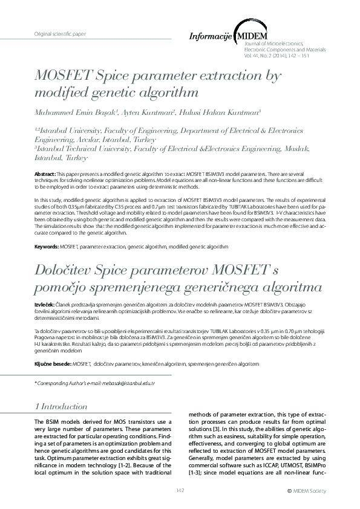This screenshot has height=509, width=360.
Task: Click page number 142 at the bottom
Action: [x=180, y=490]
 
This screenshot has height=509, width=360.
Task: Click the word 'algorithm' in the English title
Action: [x=164, y=92]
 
